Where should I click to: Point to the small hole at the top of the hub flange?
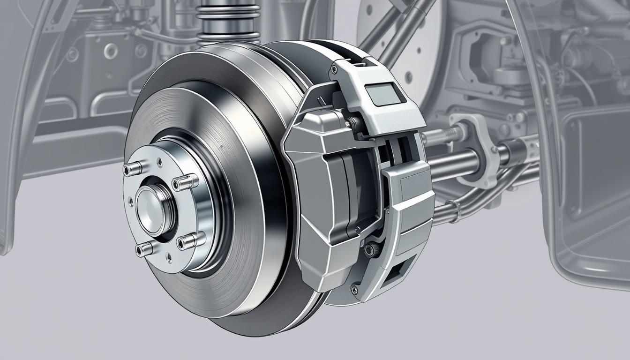(160, 162)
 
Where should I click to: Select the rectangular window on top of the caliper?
(384, 93)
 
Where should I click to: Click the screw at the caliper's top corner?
(334, 69)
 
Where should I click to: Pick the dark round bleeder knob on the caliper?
(372, 250)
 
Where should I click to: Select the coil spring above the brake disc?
(228, 21)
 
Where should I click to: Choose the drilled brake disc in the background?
(412, 42)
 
